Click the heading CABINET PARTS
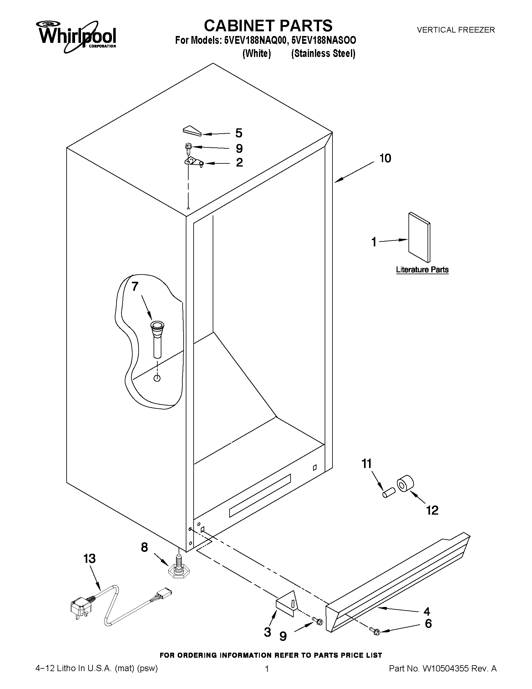[268, 25]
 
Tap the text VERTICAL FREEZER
[456, 30]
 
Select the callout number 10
[385, 158]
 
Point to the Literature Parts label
[422, 270]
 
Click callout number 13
[89, 559]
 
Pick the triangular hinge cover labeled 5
[192, 130]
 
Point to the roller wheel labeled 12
[405, 484]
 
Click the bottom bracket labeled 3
[287, 606]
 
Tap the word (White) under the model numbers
[256, 54]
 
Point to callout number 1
[374, 242]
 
